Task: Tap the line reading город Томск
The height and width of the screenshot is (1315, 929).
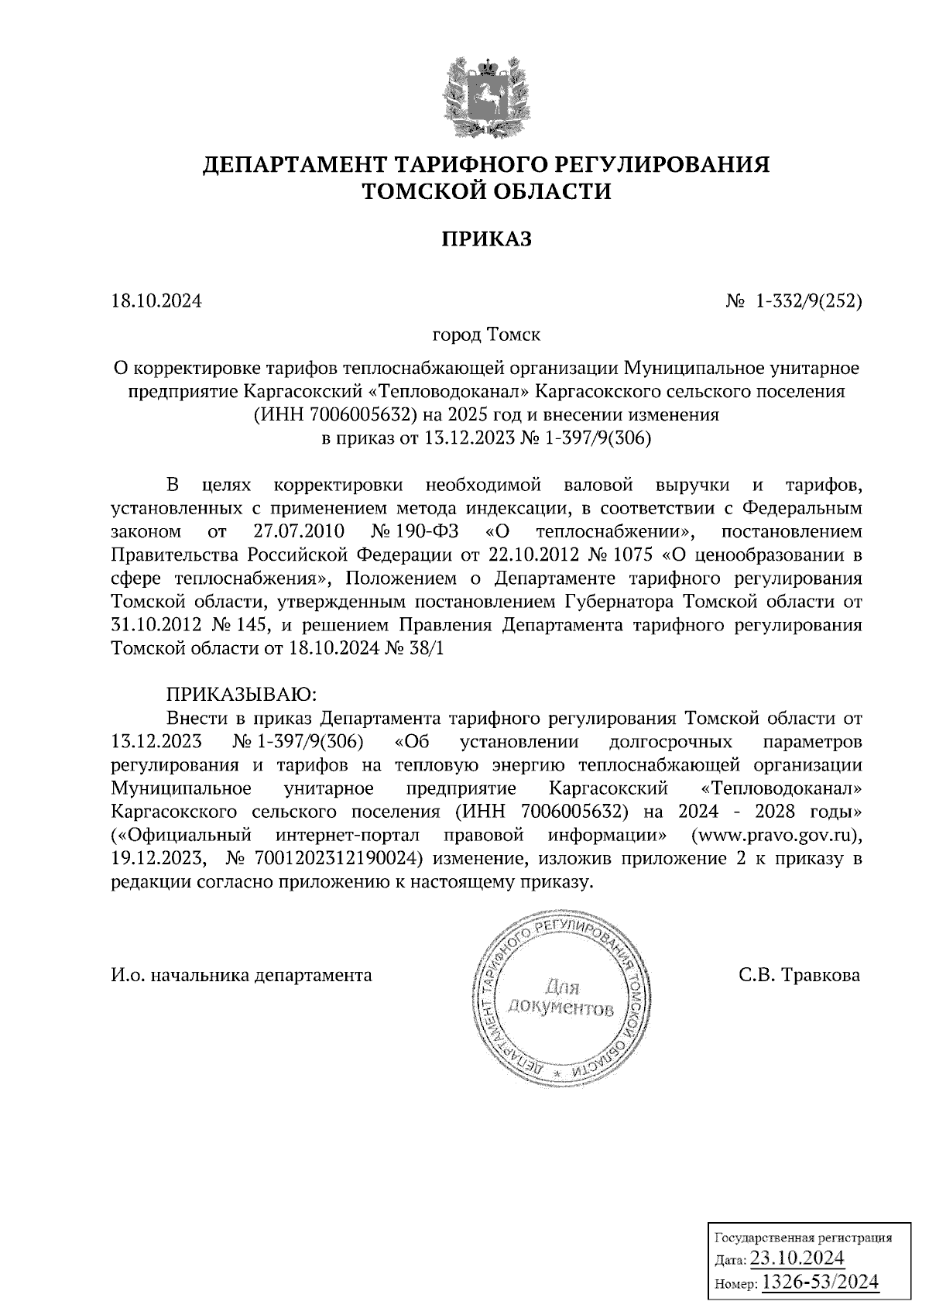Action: tap(486, 335)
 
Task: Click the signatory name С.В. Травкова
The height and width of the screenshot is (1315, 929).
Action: tap(800, 975)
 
